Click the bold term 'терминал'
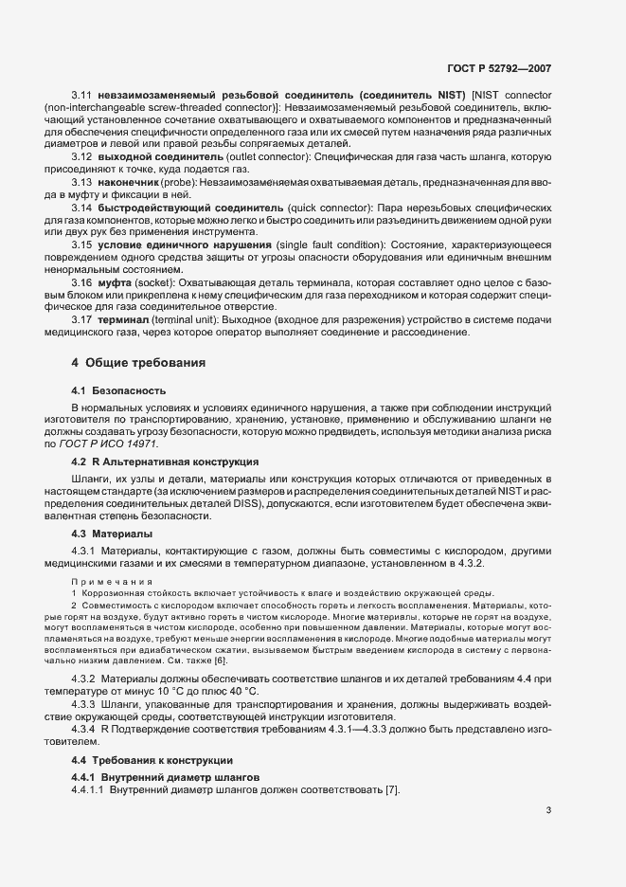pos(127,318)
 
